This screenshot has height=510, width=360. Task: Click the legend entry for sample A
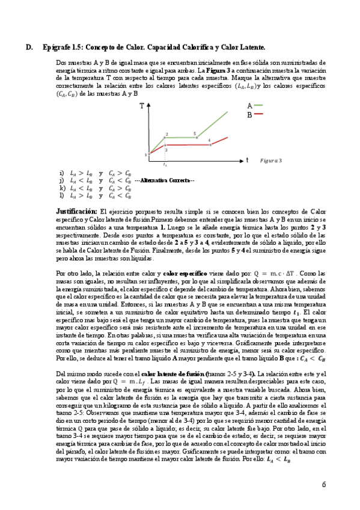pyautogui.click(x=254, y=105)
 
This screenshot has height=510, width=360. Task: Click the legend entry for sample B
pyautogui.click(x=254, y=114)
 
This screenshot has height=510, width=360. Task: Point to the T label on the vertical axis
pyautogui.click(x=142, y=106)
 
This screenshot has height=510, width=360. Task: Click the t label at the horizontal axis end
pyautogui.click(x=247, y=160)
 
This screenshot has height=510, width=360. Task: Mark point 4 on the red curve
pyautogui.click(x=210, y=145)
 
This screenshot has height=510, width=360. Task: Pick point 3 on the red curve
pyautogui.click(x=165, y=145)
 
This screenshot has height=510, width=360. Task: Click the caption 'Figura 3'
pyautogui.click(x=271, y=161)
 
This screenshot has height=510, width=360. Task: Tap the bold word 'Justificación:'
pyautogui.click(x=76, y=212)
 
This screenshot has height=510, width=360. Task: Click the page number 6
pyautogui.click(x=323, y=484)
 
